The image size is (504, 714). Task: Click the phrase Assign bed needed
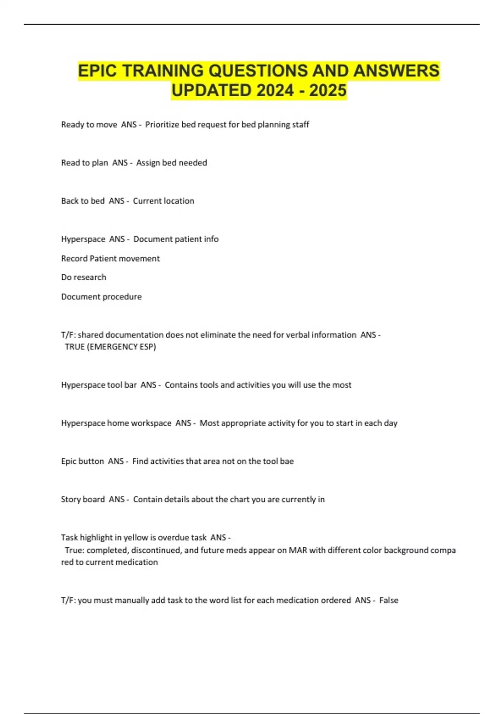[171, 163]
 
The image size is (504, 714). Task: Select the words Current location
[163, 201]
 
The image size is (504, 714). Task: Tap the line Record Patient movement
[110, 259]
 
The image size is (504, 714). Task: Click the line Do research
[84, 278]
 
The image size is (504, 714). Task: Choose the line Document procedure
[101, 297]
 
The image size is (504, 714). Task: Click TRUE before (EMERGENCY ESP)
[75, 347]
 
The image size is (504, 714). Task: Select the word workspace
[151, 423]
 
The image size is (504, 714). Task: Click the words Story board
[83, 500]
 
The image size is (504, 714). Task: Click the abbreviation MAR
[298, 550]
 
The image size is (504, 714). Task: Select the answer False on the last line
[388, 601]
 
